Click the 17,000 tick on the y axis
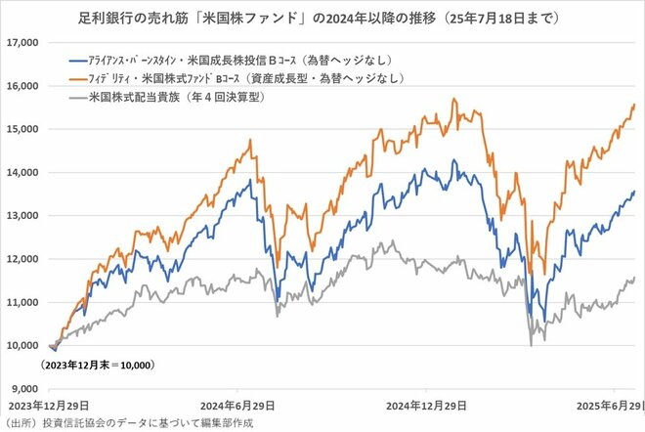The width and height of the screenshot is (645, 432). click(21, 43)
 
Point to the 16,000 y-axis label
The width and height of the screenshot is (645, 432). click(21, 86)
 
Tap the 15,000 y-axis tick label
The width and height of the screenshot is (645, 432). click(21, 129)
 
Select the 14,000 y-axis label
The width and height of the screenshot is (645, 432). click(21, 172)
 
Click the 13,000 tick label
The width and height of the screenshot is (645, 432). click(21, 215)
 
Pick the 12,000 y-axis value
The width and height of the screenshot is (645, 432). click(21, 259)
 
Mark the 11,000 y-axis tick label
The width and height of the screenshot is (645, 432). click(21, 302)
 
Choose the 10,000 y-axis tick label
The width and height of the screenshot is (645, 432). click(21, 345)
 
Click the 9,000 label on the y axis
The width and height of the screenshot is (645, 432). click(24, 388)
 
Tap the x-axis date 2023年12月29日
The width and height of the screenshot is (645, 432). click(42, 405)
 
